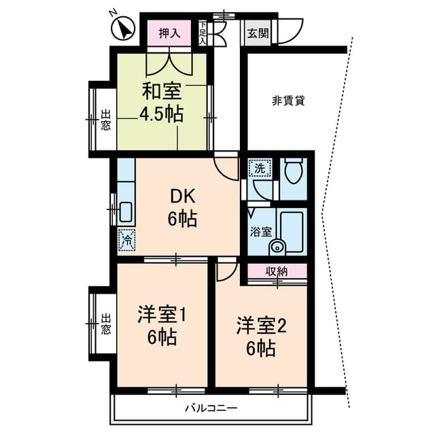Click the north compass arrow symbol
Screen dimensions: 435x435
coord(122,28)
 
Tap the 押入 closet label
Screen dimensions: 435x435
coord(169,33)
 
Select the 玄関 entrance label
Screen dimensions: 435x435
coord(258,33)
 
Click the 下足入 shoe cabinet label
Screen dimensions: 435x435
coord(203,33)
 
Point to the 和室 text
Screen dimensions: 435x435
coord(162,91)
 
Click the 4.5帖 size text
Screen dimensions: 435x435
coord(162,114)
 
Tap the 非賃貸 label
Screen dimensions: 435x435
coord(288,101)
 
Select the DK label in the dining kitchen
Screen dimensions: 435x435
coord(182,196)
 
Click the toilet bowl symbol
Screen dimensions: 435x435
coord(294,171)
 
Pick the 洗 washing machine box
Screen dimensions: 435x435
coord(260,168)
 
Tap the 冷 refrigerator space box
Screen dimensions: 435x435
coord(127,240)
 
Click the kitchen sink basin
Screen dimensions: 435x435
coord(126,212)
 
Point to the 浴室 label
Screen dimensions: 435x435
coord(261,232)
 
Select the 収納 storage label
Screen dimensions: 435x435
coord(277,271)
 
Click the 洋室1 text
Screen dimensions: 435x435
coord(162,315)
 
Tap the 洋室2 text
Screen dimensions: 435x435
coord(261,326)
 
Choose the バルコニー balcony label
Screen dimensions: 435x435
coord(211,408)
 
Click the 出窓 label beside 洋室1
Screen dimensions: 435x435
coord(106,324)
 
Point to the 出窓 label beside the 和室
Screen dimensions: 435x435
coord(106,120)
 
